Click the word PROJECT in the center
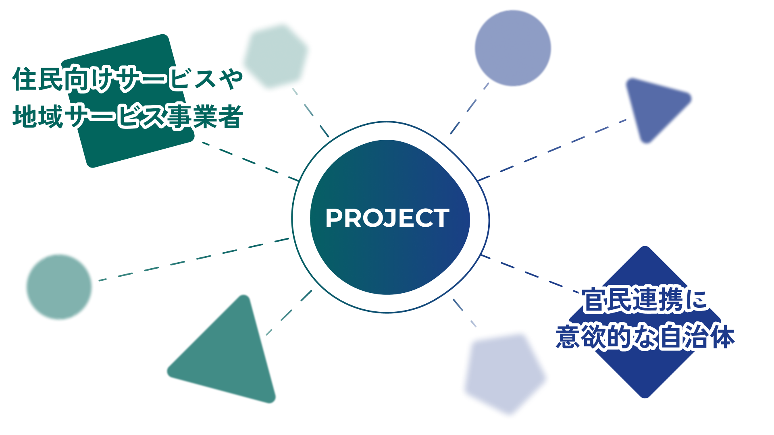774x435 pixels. [x=387, y=218]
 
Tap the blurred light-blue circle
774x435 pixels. [x=513, y=48]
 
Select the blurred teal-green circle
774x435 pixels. [x=59, y=287]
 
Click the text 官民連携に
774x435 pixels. [x=644, y=300]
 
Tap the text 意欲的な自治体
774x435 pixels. [x=645, y=337]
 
